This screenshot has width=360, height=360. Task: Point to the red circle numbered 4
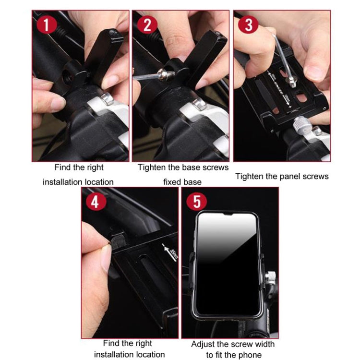[x=95, y=202]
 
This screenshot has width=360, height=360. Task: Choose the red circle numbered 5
[x=196, y=202]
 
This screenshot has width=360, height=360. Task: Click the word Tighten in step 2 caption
[x=152, y=168]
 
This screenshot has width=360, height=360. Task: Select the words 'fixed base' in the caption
[x=182, y=182]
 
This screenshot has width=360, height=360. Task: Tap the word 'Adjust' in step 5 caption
[x=203, y=344]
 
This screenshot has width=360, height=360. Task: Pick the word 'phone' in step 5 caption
[x=250, y=355]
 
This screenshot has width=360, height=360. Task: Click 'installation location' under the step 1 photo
[x=78, y=182]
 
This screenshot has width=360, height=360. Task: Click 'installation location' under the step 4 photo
[x=129, y=355]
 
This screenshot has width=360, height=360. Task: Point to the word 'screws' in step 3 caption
[x=315, y=176]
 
